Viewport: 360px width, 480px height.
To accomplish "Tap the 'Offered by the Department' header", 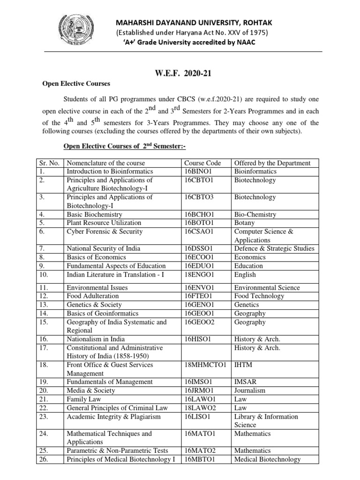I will pyautogui.click(x=272, y=163).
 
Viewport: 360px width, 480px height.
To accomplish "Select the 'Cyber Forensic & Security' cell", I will pyautogui.click(x=105, y=232).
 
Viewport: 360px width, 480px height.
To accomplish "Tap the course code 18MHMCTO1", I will pyautogui.click(x=205, y=365).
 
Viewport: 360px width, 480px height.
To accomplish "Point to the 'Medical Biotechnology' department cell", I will pyautogui.click(x=267, y=459).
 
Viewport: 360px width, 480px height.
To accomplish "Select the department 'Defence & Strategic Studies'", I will pyautogui.click(x=274, y=248).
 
